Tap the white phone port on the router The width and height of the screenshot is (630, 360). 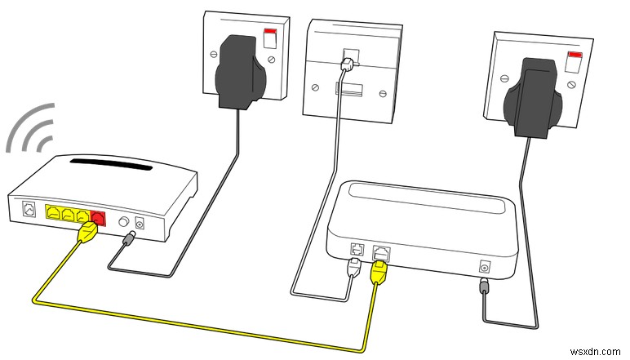pos(29,210)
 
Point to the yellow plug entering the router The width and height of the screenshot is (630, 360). pos(87,235)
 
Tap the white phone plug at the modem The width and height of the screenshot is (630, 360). pos(354,267)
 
